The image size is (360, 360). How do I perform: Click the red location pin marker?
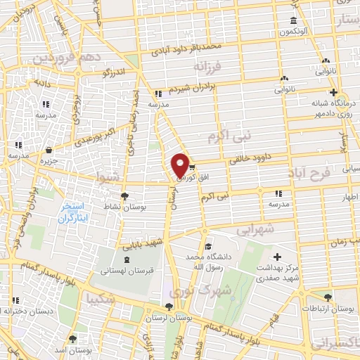tap(181, 165)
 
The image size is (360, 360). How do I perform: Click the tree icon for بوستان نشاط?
tap(125, 196)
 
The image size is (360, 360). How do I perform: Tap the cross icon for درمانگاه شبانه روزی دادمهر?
tap(334, 92)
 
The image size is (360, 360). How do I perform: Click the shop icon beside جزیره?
tap(49, 150)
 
